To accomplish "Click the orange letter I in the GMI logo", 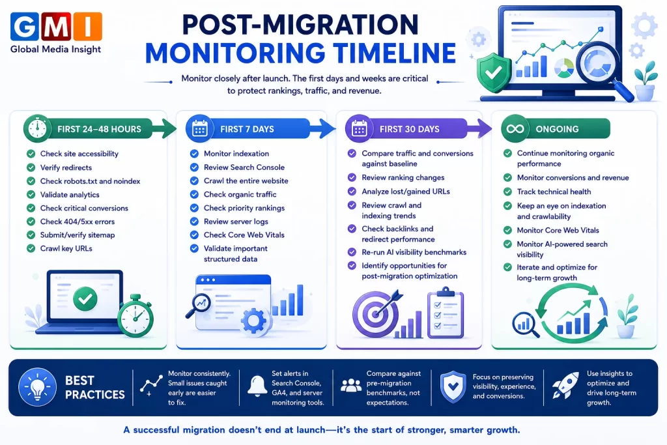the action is tap(88, 26).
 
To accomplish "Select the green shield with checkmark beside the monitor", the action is tap(494, 73).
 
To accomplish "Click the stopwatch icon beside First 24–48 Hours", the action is tap(37, 128).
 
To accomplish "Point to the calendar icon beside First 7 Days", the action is tap(199, 128).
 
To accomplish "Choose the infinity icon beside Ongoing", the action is tap(515, 128).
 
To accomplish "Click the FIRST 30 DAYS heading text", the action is tap(409, 129).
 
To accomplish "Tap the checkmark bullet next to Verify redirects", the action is tap(31, 167).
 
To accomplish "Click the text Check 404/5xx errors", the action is tap(78, 222).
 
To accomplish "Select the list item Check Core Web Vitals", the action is tap(244, 235).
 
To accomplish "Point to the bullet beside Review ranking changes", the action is tap(352, 177).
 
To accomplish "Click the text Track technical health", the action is tap(554, 192).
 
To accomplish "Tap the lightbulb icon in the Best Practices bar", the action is tap(37, 387).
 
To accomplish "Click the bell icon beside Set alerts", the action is tap(257, 386).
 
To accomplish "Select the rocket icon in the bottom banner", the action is tap(565, 386).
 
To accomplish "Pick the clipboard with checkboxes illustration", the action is tap(446, 313).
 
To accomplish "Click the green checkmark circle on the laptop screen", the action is tap(85, 298).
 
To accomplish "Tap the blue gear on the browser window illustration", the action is tap(253, 321).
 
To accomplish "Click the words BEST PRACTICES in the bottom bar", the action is tap(95, 388).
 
